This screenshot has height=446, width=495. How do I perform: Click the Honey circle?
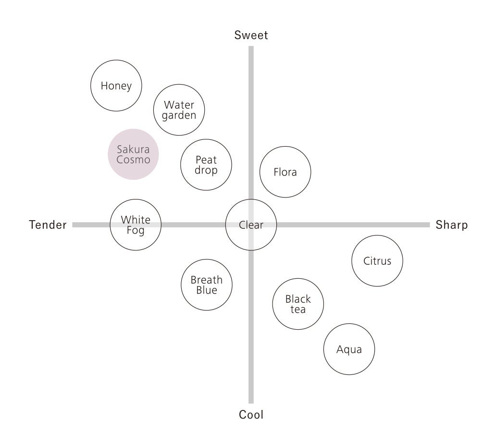[x=116, y=86]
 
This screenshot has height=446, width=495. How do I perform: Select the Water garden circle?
[x=179, y=110]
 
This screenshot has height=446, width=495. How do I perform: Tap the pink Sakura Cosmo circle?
[x=133, y=154]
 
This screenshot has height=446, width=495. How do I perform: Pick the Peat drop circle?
[x=206, y=165]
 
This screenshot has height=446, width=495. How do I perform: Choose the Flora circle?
[x=285, y=172]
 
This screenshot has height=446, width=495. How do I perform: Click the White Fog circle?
[x=136, y=224]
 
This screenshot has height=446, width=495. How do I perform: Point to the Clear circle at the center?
[x=251, y=224]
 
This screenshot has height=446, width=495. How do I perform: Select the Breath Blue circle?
[x=207, y=285]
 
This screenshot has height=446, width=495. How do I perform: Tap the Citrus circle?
[x=377, y=261]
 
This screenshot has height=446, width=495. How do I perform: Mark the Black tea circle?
[x=298, y=304]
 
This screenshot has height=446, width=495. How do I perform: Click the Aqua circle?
[x=349, y=349]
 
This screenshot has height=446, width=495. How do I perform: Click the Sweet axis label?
[x=251, y=35]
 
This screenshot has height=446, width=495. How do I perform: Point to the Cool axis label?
[x=251, y=415]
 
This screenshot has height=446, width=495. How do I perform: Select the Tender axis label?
[x=48, y=225]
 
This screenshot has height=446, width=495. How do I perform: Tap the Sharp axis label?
[x=452, y=225]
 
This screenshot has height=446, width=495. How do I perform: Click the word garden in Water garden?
[x=179, y=116]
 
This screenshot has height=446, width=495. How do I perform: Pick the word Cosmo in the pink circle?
[x=133, y=160]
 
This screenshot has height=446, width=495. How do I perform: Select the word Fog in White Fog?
[x=136, y=230]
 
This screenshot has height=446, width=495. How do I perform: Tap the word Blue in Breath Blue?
[x=207, y=290]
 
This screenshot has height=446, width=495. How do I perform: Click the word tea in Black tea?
[x=298, y=310]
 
